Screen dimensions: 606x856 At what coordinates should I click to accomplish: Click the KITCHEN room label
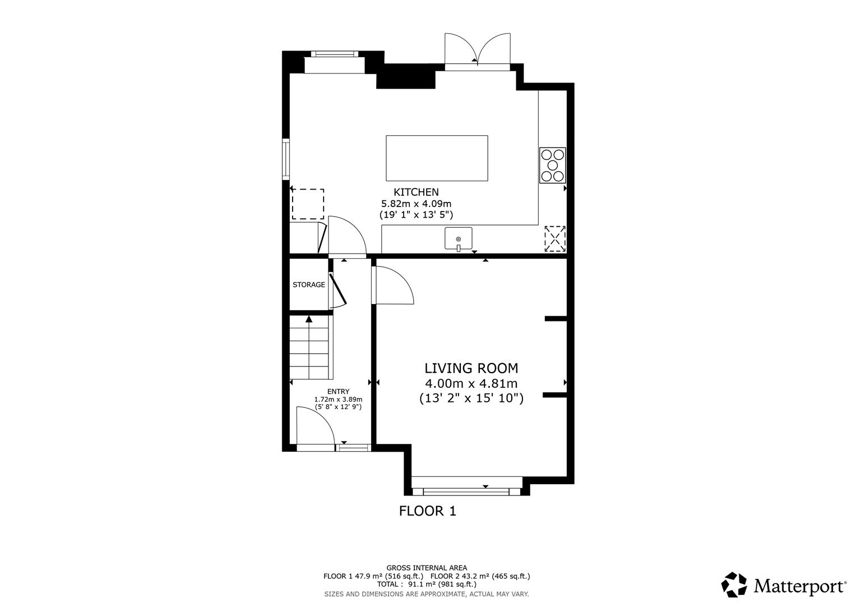[416, 192]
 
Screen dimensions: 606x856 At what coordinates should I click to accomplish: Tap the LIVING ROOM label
[471, 368]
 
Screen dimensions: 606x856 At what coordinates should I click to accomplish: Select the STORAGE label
[308, 284]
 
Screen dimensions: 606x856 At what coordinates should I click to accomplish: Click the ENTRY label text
[338, 392]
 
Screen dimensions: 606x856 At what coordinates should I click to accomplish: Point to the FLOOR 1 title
[428, 511]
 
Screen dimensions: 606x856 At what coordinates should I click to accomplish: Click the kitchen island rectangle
[437, 158]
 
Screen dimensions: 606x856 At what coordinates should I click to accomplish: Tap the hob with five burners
[552, 165]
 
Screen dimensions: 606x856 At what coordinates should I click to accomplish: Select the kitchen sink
[458, 238]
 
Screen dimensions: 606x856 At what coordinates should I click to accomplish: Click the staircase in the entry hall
[310, 348]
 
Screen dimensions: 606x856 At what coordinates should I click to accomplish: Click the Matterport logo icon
[734, 585]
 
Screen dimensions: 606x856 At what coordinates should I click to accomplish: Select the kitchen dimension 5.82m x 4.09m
[416, 204]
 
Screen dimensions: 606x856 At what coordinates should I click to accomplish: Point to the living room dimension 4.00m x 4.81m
[471, 384]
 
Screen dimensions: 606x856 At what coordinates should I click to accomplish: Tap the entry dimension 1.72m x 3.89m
[338, 400]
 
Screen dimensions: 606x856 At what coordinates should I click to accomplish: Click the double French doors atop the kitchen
[477, 50]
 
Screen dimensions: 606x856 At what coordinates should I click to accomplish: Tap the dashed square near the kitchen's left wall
[308, 204]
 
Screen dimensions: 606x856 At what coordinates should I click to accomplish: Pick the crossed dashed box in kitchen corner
[555, 238]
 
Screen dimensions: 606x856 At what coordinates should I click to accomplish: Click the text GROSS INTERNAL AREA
[427, 568]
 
